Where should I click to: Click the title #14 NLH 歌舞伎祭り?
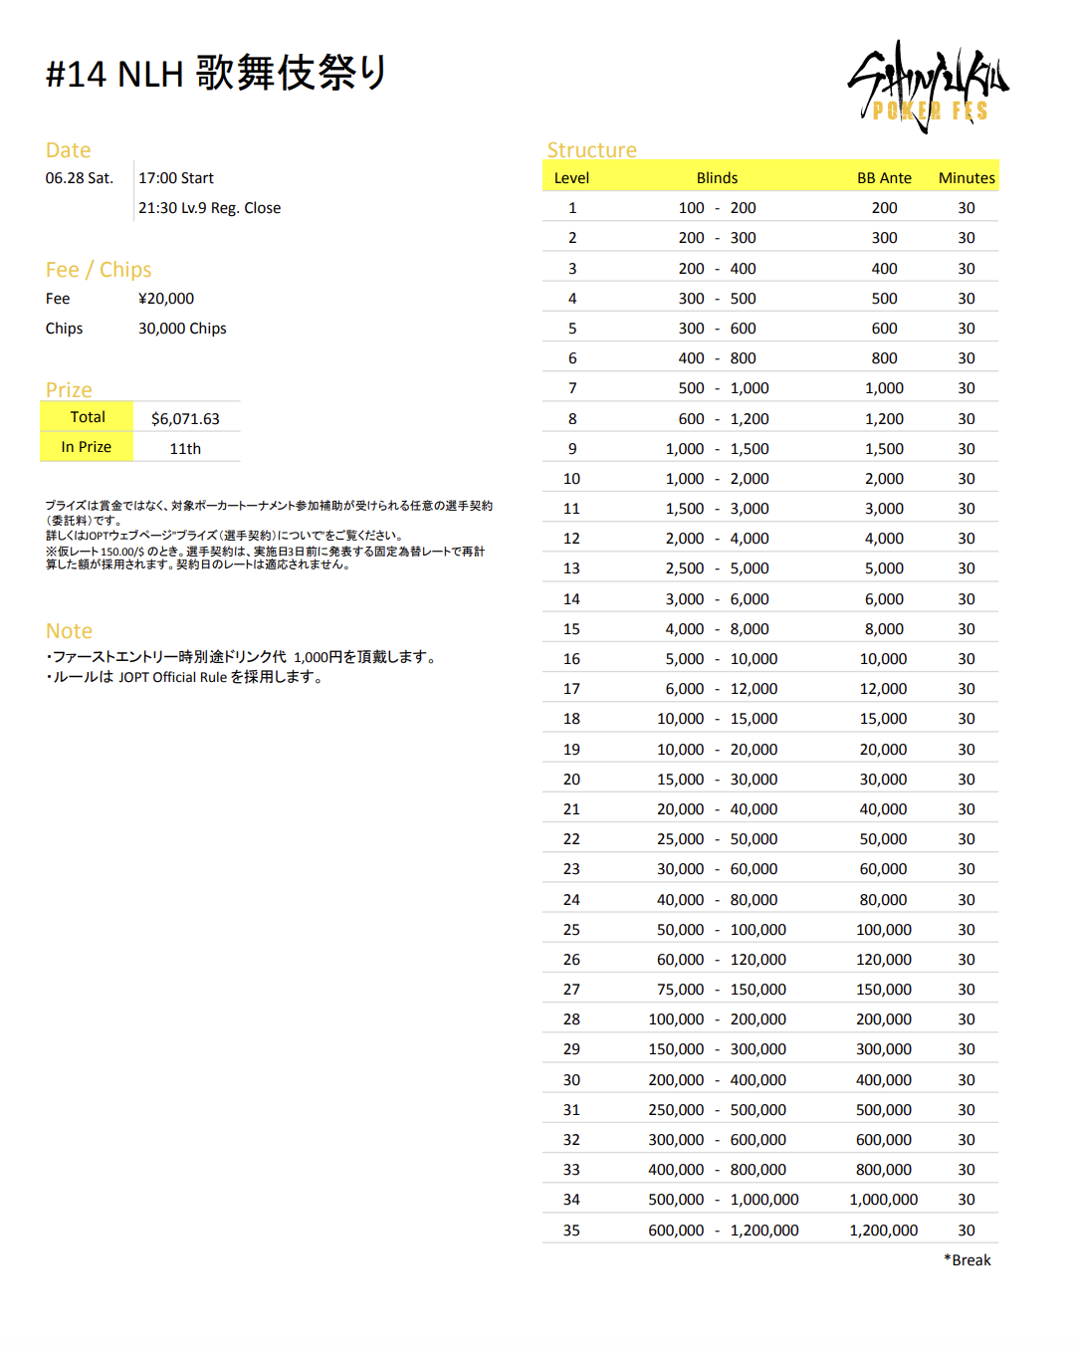216,74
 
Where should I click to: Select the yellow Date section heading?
68,150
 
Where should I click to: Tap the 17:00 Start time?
176,178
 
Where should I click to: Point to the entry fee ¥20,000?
166,299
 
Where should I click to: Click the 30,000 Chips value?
182,329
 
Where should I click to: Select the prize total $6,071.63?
185,419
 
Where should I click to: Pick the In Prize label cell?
87,447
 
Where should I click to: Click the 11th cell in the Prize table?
185,449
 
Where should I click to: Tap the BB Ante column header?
884,178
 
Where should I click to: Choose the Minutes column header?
967,178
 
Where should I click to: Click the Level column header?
571,178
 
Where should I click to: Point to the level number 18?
571,719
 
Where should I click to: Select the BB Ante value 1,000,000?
884,1200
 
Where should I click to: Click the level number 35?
571,1231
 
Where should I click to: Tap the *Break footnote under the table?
968,1260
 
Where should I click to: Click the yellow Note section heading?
69,631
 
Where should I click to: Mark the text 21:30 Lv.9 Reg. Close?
209,208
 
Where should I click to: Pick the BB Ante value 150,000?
884,990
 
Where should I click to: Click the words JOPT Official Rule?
173,678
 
